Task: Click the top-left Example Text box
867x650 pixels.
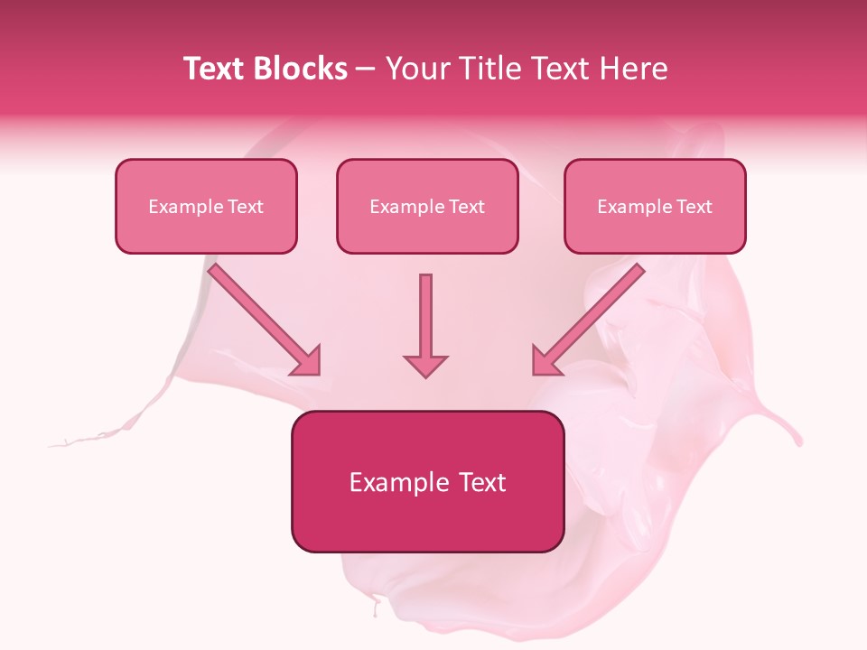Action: coord(206,206)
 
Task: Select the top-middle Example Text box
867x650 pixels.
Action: coord(427,206)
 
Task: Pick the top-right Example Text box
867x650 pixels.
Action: coord(655,206)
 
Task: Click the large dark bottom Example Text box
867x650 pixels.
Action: coord(427,481)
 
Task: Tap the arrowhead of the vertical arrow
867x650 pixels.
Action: coord(425,364)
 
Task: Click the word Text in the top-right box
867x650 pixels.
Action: coord(695,207)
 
